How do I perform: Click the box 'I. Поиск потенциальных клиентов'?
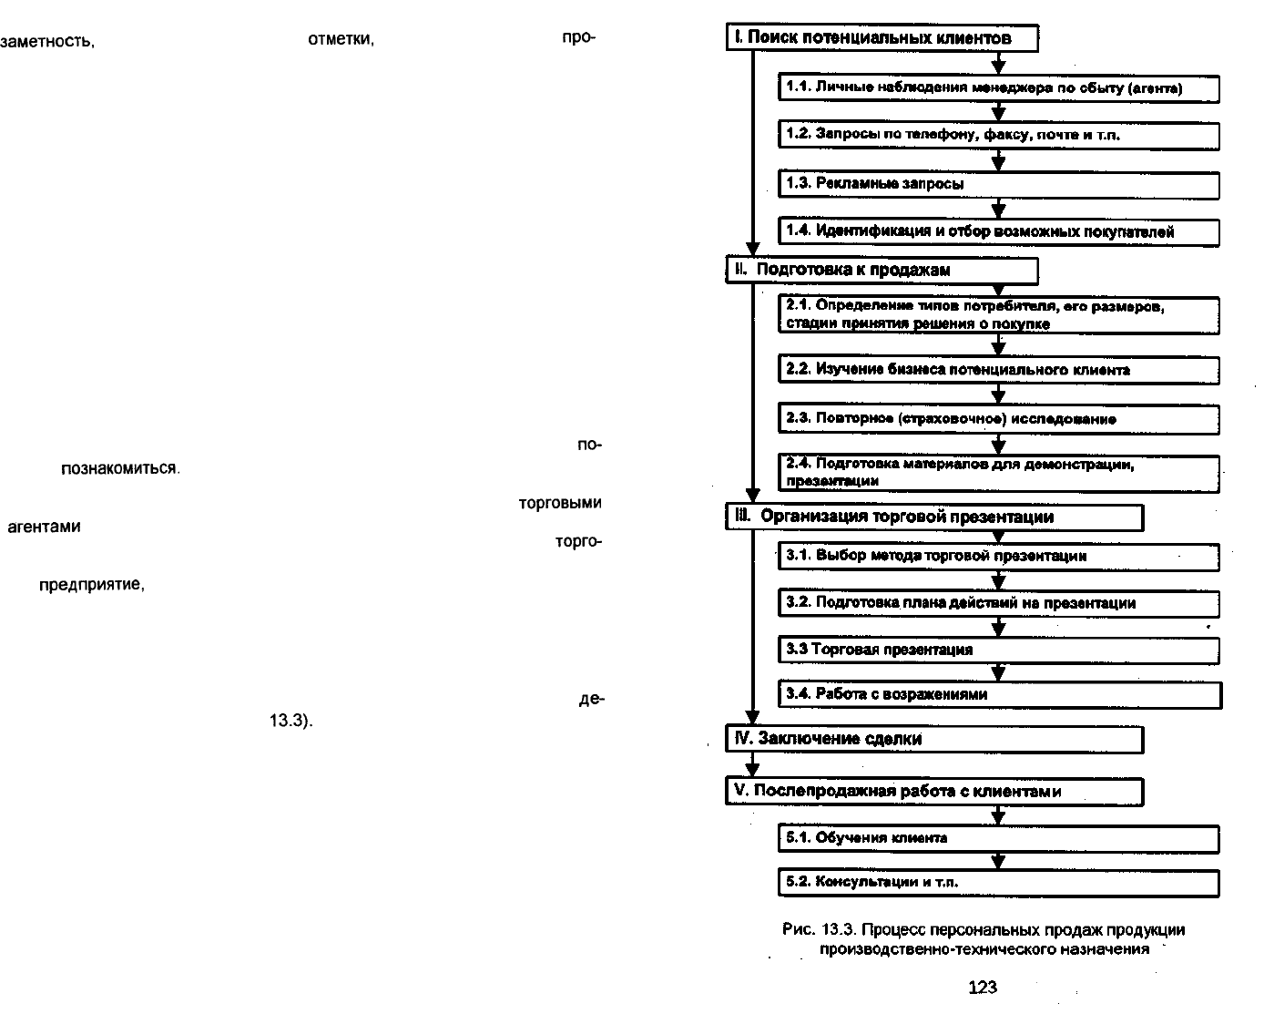882,38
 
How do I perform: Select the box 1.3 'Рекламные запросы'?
998,185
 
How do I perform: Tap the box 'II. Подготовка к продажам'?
882,271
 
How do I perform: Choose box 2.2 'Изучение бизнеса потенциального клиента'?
998,370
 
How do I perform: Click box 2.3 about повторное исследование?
998,419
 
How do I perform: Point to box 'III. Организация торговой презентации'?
934,517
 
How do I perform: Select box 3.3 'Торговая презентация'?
998,650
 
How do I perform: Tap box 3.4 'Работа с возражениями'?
1000,695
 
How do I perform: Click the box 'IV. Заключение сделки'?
934,740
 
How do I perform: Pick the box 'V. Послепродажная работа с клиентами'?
934,792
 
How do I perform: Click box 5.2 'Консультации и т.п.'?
998,883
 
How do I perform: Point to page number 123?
982,987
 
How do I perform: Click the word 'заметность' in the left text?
47,42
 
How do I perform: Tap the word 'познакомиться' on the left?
119,468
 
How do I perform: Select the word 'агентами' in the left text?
44,527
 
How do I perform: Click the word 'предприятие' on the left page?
92,585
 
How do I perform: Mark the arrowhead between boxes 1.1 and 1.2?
998,113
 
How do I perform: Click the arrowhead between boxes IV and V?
752,770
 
